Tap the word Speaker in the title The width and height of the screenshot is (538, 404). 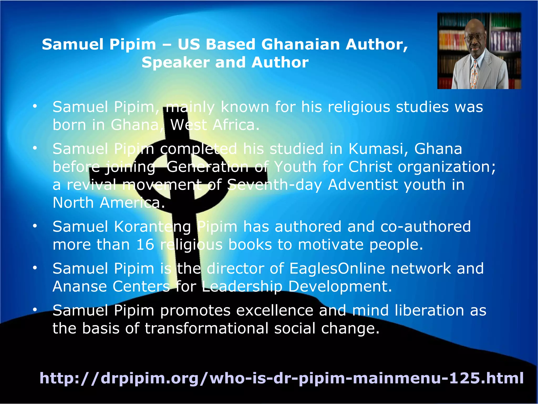coord(175,63)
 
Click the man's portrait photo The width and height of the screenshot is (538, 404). coord(479,51)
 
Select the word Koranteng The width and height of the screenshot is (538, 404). coord(153,227)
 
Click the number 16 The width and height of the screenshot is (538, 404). coord(145,245)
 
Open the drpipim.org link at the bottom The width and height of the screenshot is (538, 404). coord(281,378)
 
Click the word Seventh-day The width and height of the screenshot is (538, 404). coord(275,185)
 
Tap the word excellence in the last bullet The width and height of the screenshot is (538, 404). coord(275,311)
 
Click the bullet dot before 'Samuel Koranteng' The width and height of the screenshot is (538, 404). coord(35,226)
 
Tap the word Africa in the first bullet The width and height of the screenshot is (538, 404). coord(236,125)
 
